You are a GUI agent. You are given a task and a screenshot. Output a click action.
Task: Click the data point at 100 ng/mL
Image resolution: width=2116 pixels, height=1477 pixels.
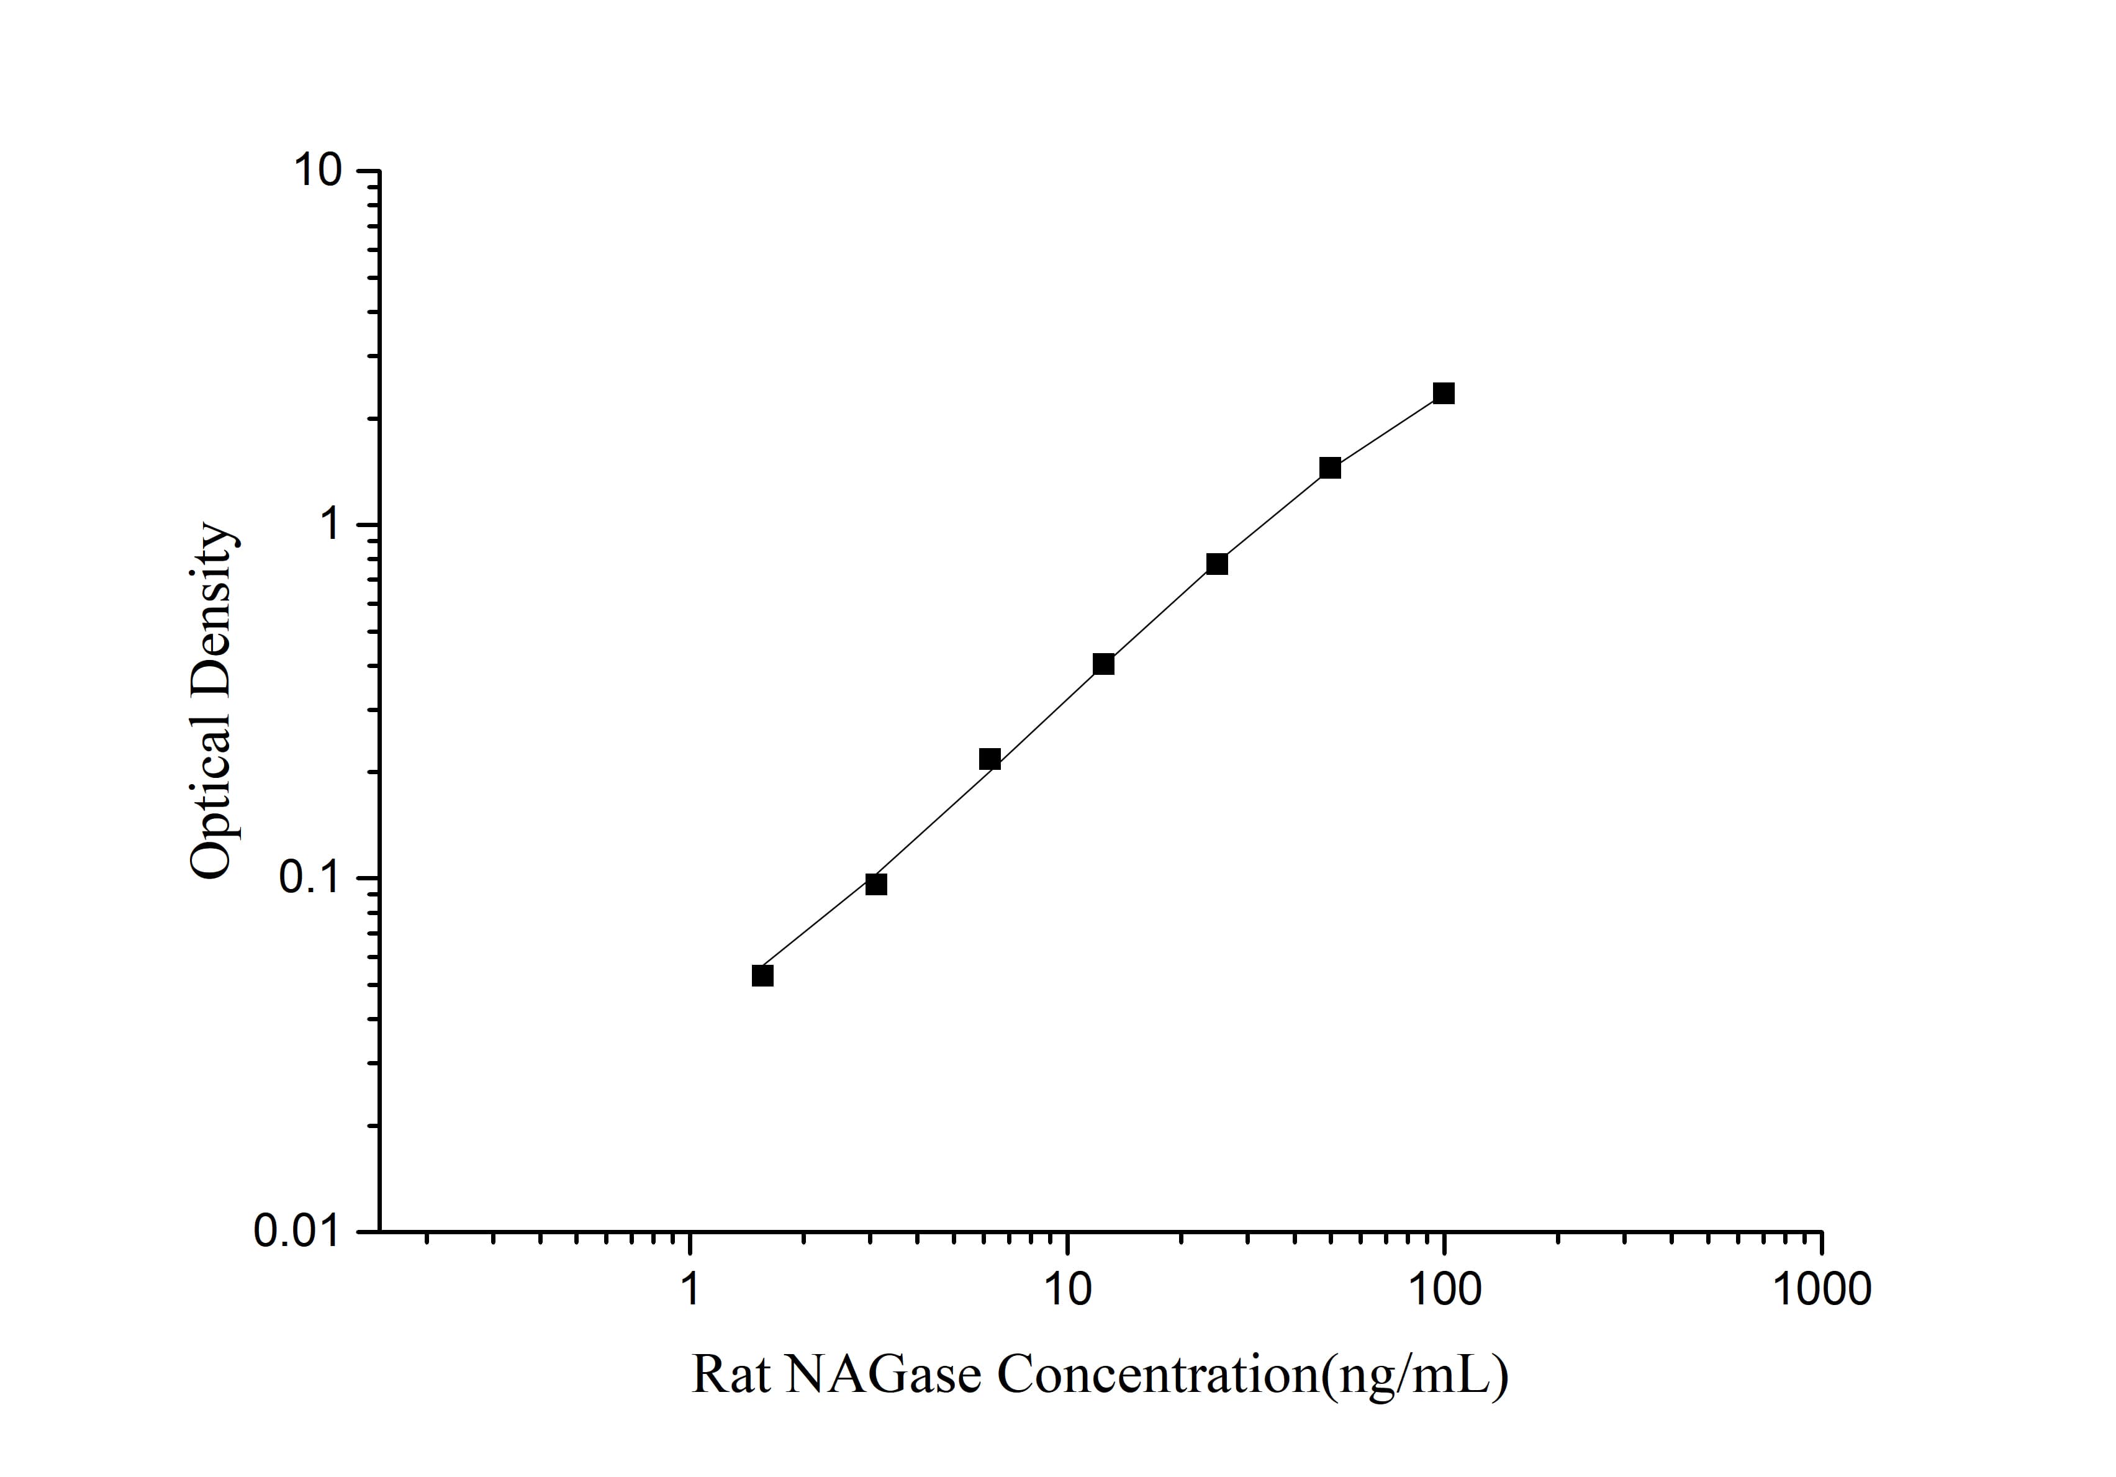click(1443, 394)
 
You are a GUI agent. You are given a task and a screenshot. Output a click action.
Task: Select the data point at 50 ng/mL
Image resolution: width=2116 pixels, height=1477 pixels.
click(1330, 468)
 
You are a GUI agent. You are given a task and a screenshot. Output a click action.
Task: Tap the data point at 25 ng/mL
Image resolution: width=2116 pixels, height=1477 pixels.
click(1216, 564)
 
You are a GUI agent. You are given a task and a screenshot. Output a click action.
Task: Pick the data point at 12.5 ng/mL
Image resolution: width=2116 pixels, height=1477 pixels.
click(1103, 664)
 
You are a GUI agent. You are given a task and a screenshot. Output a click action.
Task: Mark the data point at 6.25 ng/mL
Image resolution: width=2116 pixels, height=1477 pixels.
click(990, 759)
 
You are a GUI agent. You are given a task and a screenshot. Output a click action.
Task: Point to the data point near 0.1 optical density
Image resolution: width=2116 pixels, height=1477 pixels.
click(877, 885)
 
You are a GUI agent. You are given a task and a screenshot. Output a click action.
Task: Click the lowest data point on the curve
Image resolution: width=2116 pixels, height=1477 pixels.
click(762, 976)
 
